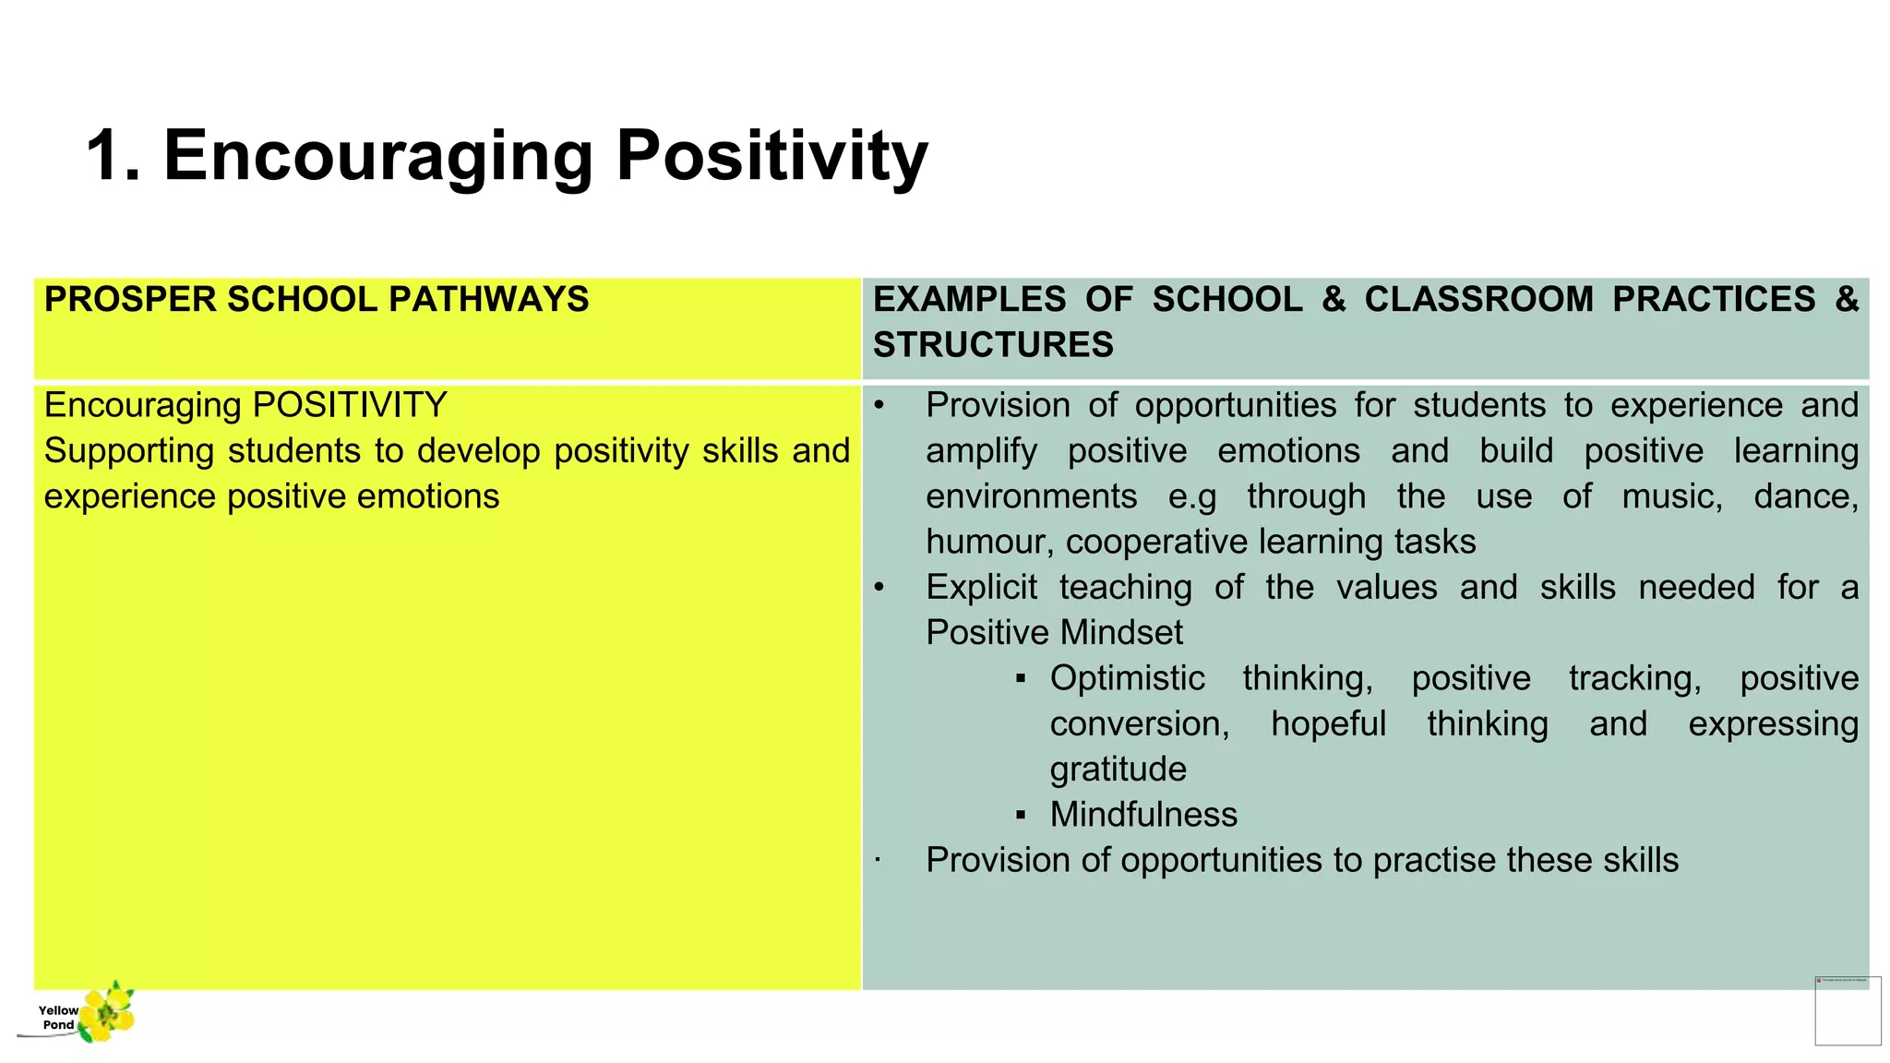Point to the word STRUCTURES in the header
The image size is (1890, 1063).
point(993,345)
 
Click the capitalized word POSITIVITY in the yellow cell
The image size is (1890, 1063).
point(350,405)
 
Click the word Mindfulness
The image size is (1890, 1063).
point(1143,815)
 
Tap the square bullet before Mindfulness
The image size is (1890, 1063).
point(1021,815)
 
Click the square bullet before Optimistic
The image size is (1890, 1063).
point(1021,679)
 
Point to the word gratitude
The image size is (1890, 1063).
point(1118,770)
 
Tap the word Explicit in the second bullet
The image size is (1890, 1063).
point(981,588)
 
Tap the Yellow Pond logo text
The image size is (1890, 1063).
point(58,1017)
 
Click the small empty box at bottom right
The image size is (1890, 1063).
point(1848,1011)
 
